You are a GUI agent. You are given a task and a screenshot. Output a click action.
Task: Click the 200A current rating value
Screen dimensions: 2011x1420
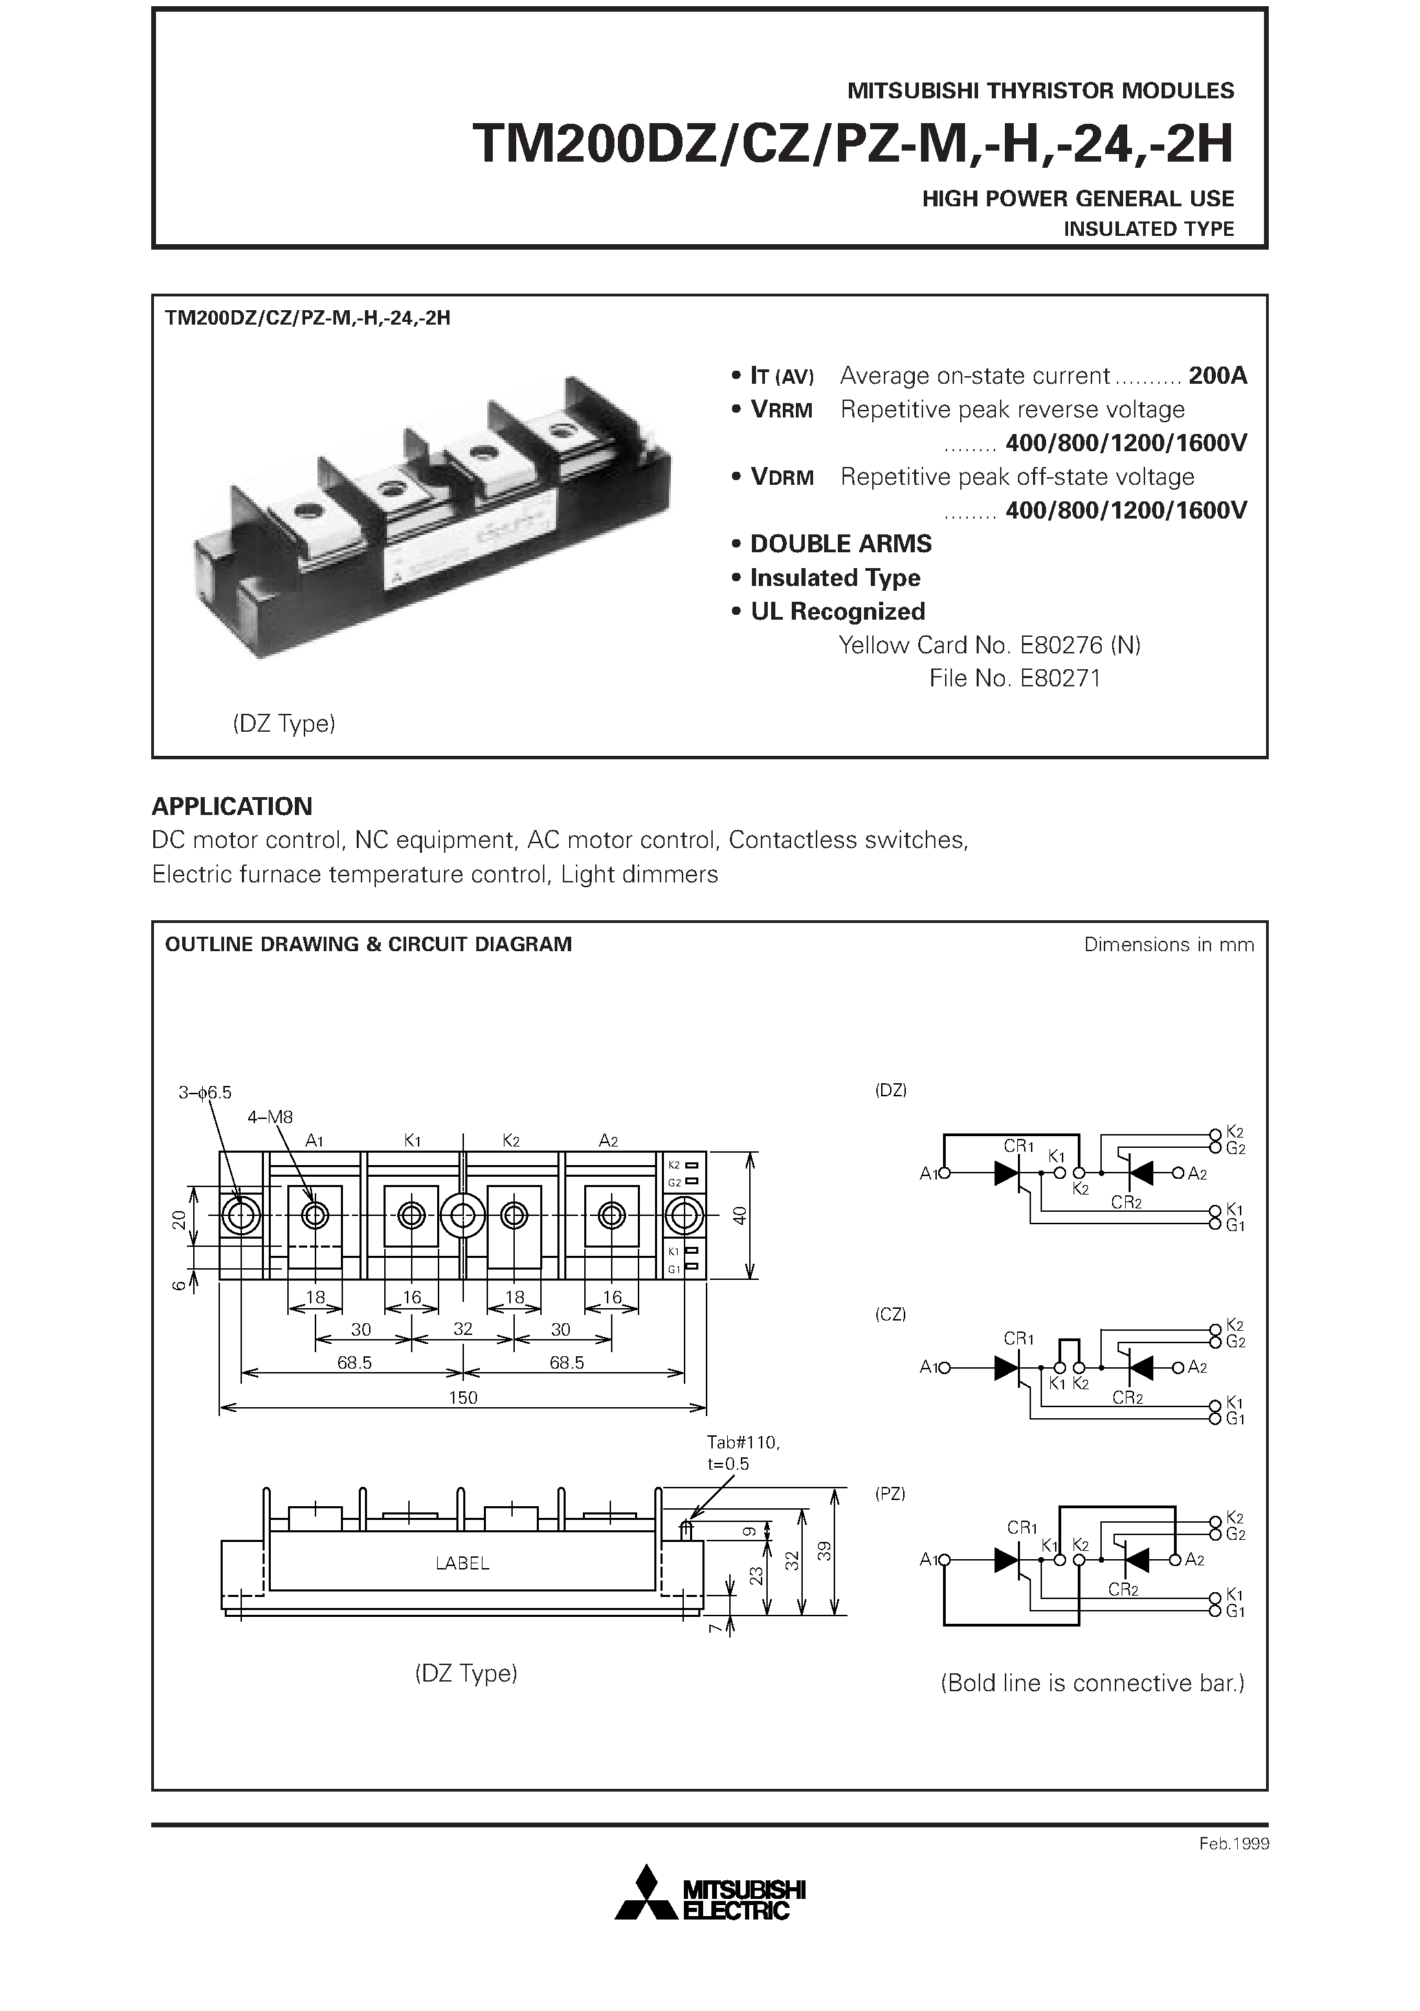(1217, 376)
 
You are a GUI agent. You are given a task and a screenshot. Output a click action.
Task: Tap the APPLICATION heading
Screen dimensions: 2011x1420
(232, 806)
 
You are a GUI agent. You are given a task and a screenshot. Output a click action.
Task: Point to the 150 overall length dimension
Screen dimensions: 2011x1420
(463, 1397)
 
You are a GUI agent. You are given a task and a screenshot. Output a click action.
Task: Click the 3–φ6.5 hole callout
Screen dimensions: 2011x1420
(205, 1092)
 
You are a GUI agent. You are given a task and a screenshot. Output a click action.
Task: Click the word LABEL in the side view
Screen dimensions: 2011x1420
(463, 1563)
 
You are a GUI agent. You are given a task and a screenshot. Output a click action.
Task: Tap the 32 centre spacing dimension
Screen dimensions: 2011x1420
(463, 1329)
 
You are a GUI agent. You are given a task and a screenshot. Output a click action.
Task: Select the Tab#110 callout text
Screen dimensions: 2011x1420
(742, 1442)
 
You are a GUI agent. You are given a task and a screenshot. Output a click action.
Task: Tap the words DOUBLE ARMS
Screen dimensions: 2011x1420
(841, 544)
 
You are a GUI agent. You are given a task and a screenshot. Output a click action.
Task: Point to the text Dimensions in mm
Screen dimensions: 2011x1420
(1168, 944)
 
